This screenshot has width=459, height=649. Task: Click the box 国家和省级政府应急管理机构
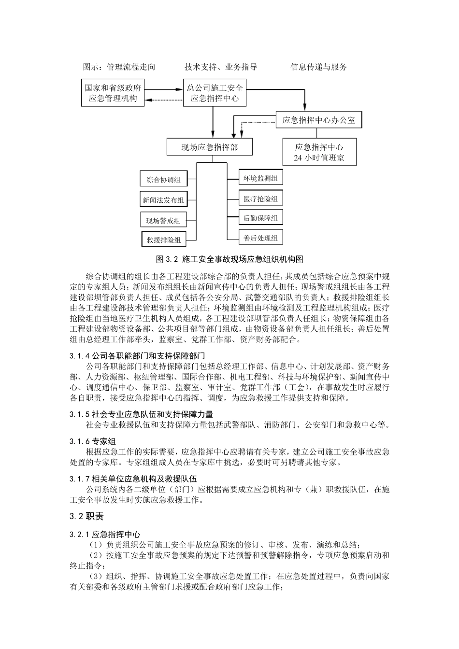[x=113, y=93]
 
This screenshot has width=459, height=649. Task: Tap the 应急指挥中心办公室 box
[x=318, y=120]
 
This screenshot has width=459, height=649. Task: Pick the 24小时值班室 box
[x=319, y=152]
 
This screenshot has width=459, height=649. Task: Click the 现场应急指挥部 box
[x=210, y=147]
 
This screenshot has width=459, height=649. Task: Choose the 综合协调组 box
[x=163, y=180]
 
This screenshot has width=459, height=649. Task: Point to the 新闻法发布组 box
[x=163, y=200]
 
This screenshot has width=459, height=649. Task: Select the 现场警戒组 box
[x=163, y=220]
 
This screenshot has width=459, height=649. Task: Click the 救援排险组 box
[x=164, y=240]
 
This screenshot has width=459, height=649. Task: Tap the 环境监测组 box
[x=261, y=178]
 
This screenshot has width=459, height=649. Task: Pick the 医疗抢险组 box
[x=261, y=198]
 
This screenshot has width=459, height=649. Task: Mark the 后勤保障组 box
[x=261, y=218]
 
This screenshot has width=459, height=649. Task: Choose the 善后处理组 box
[x=261, y=238]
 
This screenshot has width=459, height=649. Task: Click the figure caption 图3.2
[x=229, y=259]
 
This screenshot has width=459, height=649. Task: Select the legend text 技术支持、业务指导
[x=221, y=67]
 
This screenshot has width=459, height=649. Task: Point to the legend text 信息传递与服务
[x=319, y=67]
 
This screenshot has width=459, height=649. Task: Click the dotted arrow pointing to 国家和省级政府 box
[x=164, y=100]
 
